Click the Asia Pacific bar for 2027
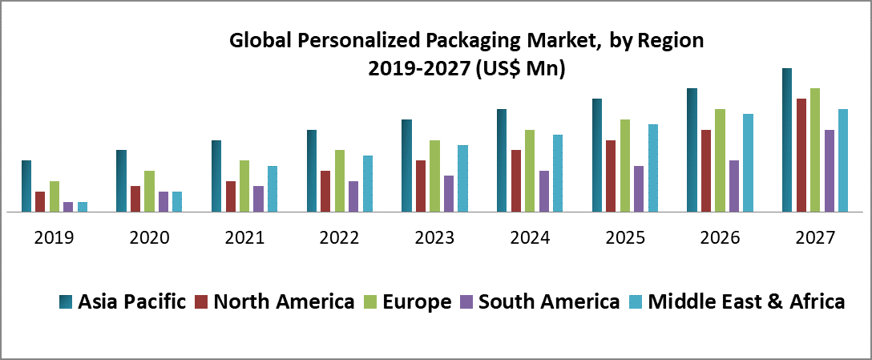point(787,140)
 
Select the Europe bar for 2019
point(54,196)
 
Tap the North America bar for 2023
point(420,186)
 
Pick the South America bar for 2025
point(639,189)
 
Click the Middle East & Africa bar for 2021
point(272,189)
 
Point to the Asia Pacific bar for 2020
point(121,181)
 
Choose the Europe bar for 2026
point(720,160)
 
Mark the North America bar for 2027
point(801,156)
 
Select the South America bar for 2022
point(354,196)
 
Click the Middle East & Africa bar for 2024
point(558,173)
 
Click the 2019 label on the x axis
point(54,238)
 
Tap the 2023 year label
point(434,238)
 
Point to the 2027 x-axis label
point(815,238)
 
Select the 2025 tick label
point(624,238)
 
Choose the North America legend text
point(284,301)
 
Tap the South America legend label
point(548,301)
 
